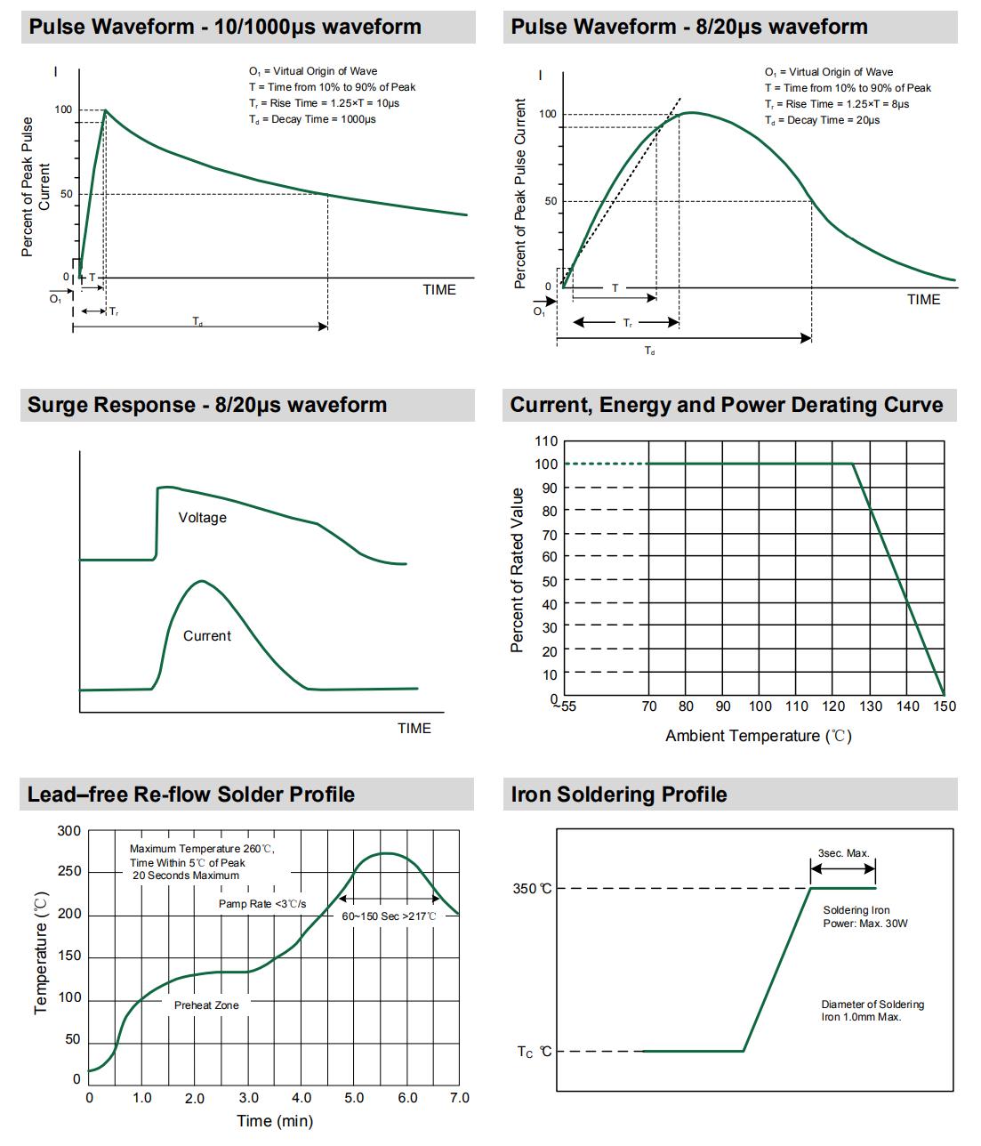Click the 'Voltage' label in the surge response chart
pos(202,518)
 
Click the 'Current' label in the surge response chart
pos(206,636)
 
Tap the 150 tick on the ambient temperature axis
pos(944,706)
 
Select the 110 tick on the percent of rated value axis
pos(546,441)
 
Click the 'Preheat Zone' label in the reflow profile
pos(206,1005)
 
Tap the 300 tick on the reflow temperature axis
pos(68,831)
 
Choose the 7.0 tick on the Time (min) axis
pos(459,1098)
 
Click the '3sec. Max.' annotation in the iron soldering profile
pos(843,853)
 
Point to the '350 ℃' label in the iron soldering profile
pos(532,889)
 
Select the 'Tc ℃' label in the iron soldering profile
pos(535,1052)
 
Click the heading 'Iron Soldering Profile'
pos(619,795)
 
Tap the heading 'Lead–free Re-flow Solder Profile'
pos(191,795)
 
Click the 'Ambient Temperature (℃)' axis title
pos(758,736)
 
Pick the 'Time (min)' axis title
pos(275,1121)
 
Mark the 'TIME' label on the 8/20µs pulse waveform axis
pos(923,300)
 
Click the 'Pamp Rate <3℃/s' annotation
pos(261,904)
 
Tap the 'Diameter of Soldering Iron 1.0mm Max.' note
pos(872,1011)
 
